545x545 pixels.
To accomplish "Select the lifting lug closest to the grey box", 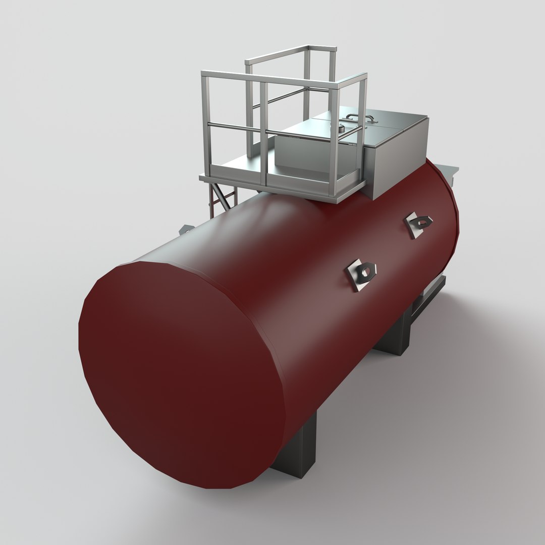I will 418,224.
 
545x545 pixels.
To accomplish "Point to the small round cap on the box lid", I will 341,129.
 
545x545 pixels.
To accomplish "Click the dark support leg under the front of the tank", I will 298,449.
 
